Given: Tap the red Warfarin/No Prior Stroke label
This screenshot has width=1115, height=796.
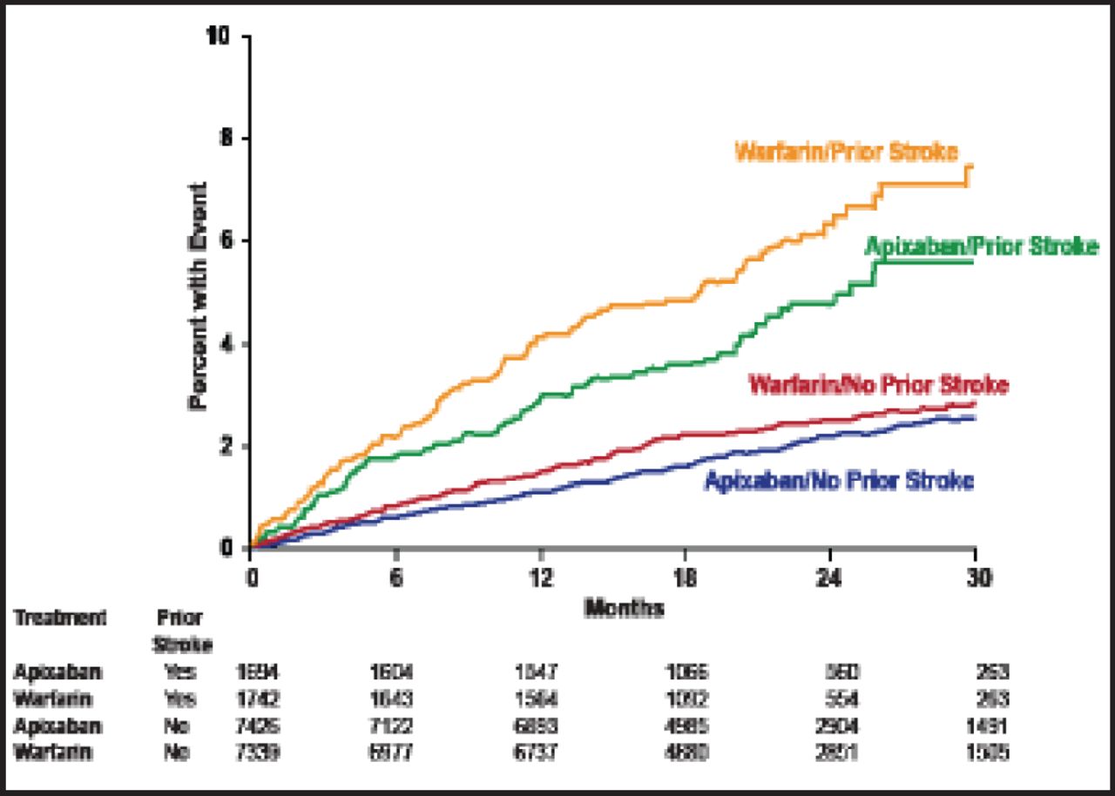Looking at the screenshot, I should [878, 384].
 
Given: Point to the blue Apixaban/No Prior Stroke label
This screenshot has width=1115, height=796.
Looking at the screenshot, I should [838, 481].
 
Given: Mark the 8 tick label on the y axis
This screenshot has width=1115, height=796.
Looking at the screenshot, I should [226, 139].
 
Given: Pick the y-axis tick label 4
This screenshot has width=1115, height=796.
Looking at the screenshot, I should [226, 345].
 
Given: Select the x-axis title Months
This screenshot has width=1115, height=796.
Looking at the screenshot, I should [624, 608].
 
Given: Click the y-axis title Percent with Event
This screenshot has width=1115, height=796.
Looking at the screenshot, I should [198, 296].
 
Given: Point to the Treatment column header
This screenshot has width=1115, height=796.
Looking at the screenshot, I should [59, 618].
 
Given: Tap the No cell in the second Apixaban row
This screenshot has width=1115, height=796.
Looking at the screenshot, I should [178, 725].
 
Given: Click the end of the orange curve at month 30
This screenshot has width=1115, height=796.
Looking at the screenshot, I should [970, 166].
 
